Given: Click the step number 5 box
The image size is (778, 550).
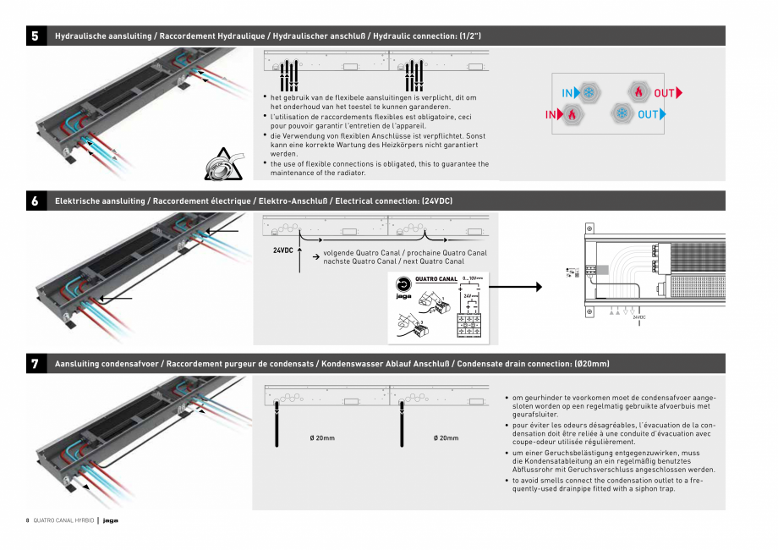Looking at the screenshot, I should point(35,36).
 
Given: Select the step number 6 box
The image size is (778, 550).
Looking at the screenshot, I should point(35,201).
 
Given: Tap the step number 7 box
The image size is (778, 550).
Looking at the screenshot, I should point(35,364).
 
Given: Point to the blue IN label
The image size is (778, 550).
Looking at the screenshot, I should point(569,93).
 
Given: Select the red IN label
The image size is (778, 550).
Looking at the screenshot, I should point(551,114).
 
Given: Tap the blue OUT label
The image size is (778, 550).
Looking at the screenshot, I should point(651,114).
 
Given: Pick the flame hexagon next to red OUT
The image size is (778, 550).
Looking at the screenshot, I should point(638,91).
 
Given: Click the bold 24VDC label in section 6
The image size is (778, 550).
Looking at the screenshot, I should point(283,251).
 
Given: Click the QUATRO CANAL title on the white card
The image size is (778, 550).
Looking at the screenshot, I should point(436,278).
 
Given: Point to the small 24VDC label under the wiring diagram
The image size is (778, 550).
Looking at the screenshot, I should point(640,317).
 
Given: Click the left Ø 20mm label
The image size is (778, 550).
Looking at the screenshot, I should point(322,437).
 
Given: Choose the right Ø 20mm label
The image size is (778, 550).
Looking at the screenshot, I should point(446,437).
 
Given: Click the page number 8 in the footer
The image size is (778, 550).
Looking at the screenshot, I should point(27,520).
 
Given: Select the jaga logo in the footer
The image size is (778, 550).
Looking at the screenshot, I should point(110,520).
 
